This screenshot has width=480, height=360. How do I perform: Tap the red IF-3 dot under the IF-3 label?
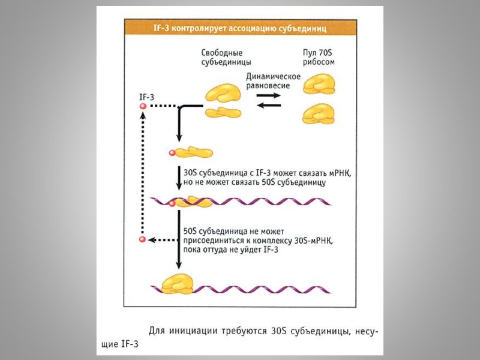(x=143, y=106)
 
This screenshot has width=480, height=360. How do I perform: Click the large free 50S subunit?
(x=223, y=92)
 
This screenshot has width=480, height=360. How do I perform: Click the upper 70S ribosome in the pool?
(x=319, y=83)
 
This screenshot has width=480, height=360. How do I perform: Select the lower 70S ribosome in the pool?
(x=319, y=112)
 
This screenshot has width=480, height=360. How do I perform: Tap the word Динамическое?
(x=273, y=76)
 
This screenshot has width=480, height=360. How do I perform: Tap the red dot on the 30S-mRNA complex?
(x=172, y=203)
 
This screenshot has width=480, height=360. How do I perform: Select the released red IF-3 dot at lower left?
(x=143, y=240)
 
